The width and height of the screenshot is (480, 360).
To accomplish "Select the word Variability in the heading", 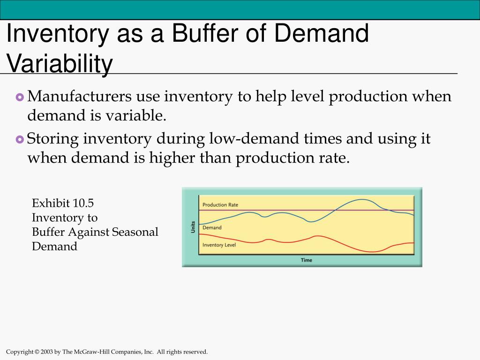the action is click(x=60, y=64).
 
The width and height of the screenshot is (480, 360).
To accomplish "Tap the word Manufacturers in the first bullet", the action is click(x=79, y=96).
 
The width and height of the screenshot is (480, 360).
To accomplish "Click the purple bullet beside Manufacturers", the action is click(x=20, y=97).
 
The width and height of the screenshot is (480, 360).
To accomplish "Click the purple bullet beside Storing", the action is click(x=20, y=140).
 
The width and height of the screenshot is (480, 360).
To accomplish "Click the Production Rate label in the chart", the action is click(x=220, y=205).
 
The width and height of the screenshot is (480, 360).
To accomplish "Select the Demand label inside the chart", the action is click(x=212, y=227).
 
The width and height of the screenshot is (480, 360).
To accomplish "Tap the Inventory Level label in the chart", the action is click(x=219, y=245).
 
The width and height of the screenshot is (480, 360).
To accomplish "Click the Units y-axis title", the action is click(x=193, y=227).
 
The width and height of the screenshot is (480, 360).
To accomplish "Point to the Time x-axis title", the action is click(x=307, y=260).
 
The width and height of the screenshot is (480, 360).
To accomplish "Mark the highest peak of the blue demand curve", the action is click(x=362, y=200).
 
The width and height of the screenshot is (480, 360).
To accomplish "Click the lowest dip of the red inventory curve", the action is click(x=372, y=252).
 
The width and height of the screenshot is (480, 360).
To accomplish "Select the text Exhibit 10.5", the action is click(x=63, y=203).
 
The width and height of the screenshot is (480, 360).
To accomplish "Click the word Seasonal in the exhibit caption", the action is click(x=135, y=232).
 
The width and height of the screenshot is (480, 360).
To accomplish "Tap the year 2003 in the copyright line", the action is click(x=47, y=352).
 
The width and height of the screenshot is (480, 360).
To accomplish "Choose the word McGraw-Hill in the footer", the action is click(x=91, y=352).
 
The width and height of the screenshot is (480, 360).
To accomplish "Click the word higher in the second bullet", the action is click(x=172, y=157).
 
